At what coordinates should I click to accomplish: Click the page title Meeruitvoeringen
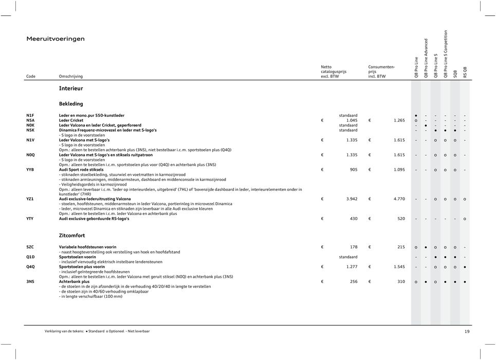pyautogui.click(x=56, y=39)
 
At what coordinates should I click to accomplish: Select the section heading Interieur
pyautogui.click(x=71, y=88)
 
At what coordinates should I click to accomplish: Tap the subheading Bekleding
pyautogui.click(x=71, y=103)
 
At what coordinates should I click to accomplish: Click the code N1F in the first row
pyautogui.click(x=30, y=115)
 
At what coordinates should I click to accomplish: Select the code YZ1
pyautogui.click(x=30, y=199)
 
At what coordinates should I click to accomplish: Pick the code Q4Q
pyautogui.click(x=31, y=267)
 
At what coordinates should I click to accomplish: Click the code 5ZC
pyautogui.click(x=30, y=247)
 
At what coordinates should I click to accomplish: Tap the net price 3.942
pyautogui.click(x=352, y=199)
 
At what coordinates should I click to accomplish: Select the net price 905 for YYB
pyautogui.click(x=353, y=169)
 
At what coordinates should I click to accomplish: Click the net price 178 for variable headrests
pyautogui.click(x=353, y=247)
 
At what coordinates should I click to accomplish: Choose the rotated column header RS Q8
pyautogui.click(x=465, y=72)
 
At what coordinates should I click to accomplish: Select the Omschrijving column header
pyautogui.click(x=70, y=76)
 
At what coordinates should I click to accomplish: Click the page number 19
pyautogui.click(x=467, y=332)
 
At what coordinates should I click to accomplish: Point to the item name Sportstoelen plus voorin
pyautogui.click(x=82, y=267)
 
